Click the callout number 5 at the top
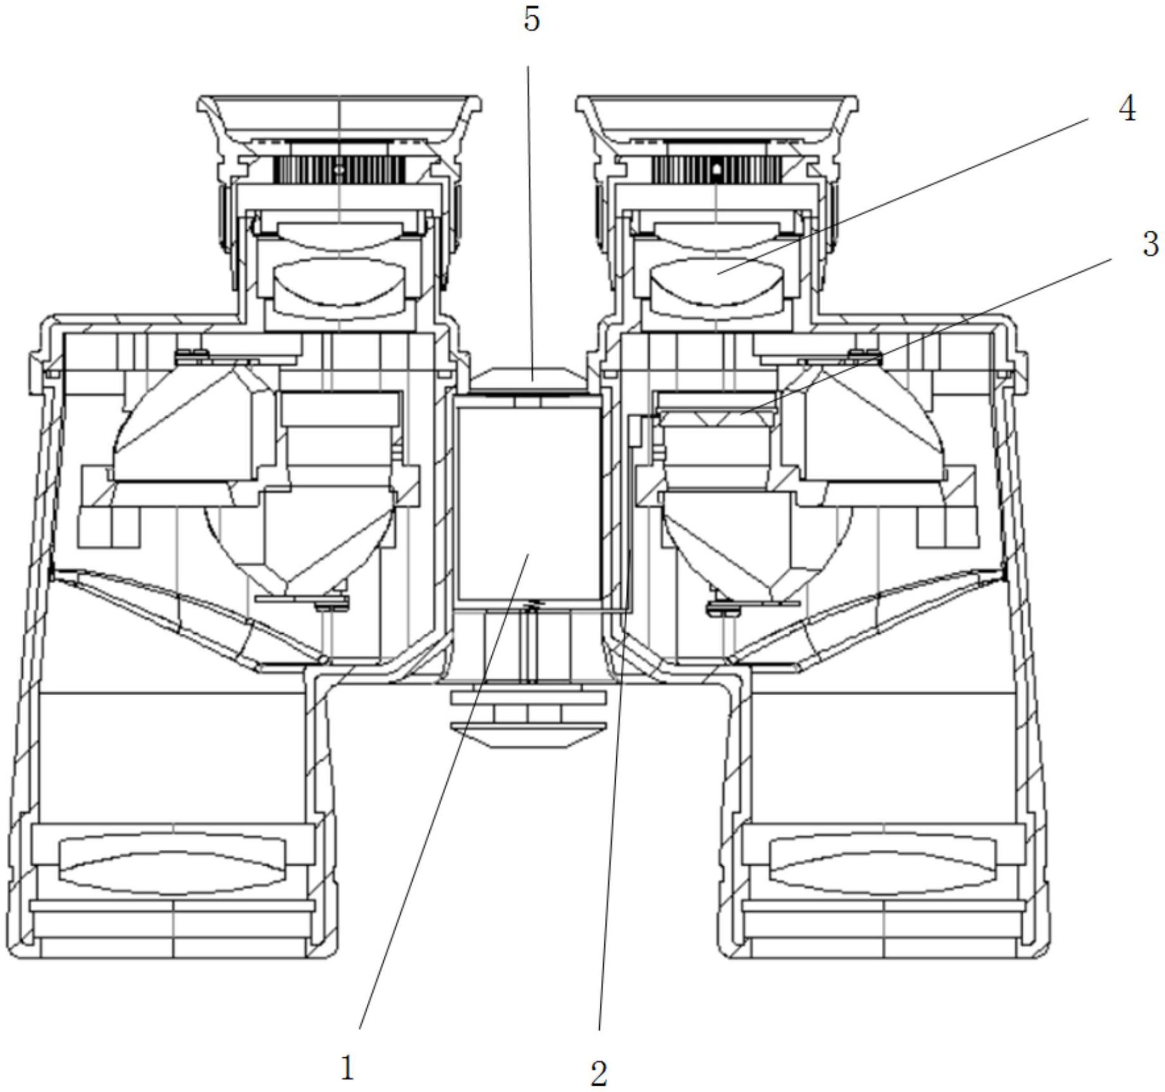pos(532,20)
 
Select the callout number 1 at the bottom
pos(347,1068)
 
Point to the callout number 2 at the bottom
pos(598,1072)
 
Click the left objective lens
pos(172,864)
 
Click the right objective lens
pos(883,864)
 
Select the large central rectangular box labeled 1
pos(528,503)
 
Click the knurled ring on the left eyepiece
pos(339,169)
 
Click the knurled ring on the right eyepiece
pos(716,169)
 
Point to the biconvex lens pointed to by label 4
pos(716,281)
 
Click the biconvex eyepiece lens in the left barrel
pos(339,281)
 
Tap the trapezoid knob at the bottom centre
pos(528,735)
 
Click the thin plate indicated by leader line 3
pos(717,417)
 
